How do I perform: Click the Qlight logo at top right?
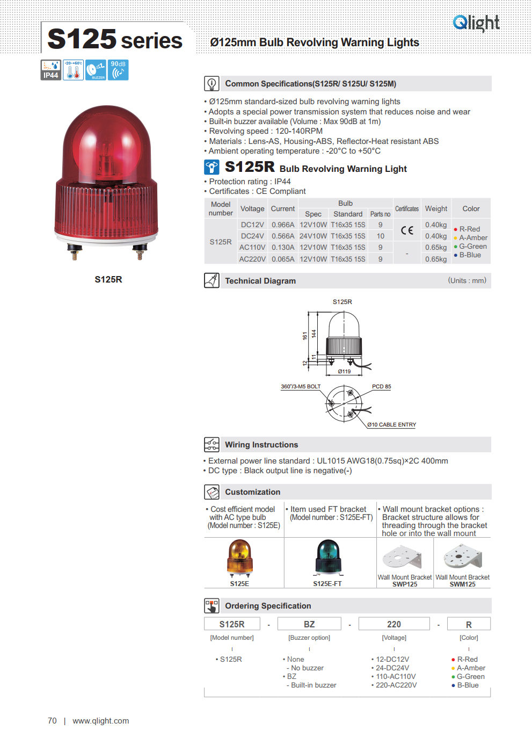476,23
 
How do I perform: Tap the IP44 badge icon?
51,70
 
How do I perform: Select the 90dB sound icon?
118,70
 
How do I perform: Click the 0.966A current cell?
283,225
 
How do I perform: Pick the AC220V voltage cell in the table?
252,259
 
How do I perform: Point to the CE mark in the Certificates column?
407,230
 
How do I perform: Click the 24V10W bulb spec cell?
313,236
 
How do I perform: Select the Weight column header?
436,209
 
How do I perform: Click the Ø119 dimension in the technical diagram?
344,371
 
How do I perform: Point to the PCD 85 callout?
381,387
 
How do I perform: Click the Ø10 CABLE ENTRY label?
391,425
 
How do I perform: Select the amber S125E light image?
239,558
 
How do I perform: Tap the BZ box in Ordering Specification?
309,624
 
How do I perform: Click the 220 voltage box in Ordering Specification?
394,624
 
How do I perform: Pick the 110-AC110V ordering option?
396,677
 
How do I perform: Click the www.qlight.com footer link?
101,721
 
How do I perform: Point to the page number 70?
52,721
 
